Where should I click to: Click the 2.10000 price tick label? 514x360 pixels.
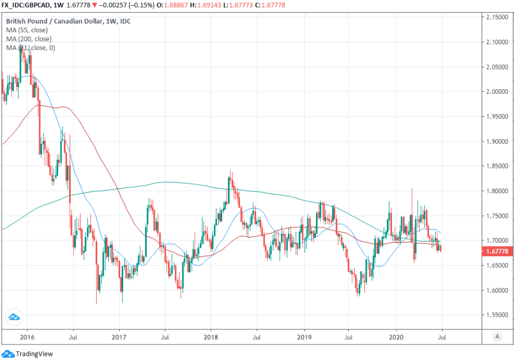coord(496,42)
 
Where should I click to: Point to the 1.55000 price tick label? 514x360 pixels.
coord(496,316)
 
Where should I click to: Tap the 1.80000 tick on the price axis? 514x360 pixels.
coord(496,191)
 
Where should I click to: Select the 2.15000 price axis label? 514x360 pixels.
coord(496,17)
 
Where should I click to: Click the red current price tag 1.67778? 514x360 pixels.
coord(496,251)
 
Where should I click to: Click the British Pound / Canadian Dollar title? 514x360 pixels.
coord(55,20)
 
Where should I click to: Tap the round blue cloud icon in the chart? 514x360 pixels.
coord(14,316)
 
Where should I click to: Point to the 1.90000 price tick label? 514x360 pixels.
coord(496,141)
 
